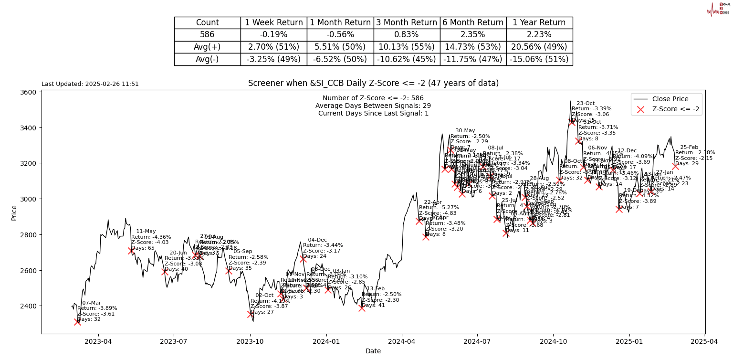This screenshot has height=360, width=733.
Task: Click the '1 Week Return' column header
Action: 273,23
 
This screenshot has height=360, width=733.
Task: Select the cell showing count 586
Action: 207,35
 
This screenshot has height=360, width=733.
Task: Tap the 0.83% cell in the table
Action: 407,35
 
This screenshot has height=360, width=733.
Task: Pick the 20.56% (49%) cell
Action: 539,47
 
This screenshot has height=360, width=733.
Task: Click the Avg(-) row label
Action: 207,59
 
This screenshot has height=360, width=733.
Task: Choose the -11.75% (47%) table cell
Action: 473,59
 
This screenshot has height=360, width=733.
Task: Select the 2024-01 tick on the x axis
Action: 326,341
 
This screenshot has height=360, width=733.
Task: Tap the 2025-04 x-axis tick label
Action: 704,341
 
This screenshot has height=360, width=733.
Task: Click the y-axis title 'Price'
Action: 14,212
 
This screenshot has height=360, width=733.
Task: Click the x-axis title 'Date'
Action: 373,351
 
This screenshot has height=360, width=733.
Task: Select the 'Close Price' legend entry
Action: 670,99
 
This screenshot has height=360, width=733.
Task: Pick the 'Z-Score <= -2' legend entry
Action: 675,109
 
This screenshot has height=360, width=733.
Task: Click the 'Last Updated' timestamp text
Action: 90,84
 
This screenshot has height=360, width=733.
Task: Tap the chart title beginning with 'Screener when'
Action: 373,83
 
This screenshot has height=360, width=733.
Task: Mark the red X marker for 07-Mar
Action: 77,322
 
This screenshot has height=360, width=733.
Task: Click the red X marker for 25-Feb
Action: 675,166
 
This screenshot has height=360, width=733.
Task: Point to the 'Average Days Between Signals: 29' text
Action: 373,106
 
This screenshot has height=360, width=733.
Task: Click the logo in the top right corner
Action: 718,9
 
